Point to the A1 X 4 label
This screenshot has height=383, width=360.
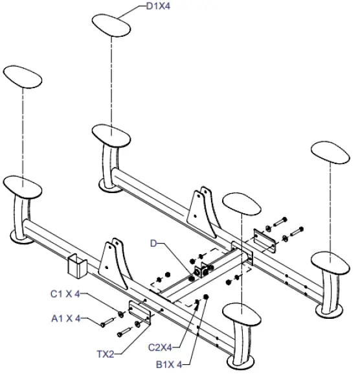(x=65, y=319)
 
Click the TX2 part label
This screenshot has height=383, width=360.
(x=104, y=354)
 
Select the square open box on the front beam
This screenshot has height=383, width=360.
(x=77, y=264)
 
